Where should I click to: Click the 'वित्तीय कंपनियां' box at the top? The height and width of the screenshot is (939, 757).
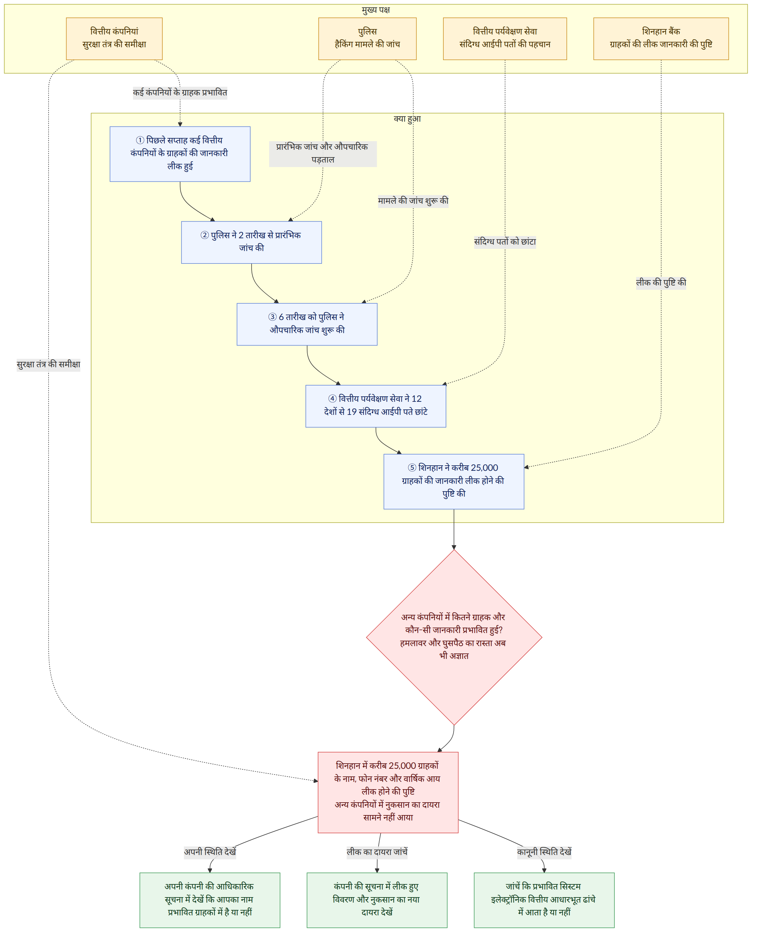(x=114, y=39)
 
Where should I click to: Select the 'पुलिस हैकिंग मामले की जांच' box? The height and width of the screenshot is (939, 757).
(x=367, y=39)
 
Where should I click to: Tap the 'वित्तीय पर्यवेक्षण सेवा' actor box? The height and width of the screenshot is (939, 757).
(x=505, y=39)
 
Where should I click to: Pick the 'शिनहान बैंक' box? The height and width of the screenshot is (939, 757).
(x=661, y=39)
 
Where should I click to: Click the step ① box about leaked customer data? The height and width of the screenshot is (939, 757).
(x=180, y=154)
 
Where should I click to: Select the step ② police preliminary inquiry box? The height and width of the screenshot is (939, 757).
(x=252, y=242)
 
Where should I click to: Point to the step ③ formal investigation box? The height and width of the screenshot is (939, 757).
(x=307, y=324)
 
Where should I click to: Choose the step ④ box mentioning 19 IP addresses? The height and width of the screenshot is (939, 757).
(x=376, y=406)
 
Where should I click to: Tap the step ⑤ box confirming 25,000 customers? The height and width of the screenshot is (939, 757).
(x=454, y=482)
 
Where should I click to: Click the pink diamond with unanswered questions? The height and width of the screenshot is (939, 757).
(x=454, y=637)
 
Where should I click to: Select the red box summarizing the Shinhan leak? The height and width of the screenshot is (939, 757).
(x=388, y=792)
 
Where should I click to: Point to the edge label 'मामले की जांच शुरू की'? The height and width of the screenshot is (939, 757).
(x=413, y=201)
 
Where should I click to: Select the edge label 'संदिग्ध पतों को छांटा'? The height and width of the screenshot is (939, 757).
(x=505, y=242)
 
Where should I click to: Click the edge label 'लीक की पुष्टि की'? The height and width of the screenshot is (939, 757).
(x=661, y=283)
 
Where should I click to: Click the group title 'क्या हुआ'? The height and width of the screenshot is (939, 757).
(x=407, y=118)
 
